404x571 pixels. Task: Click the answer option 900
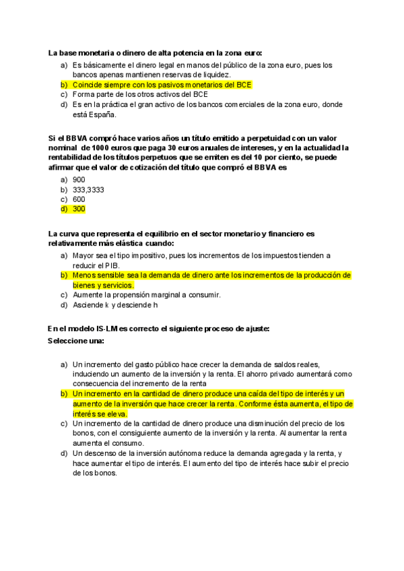(x=79, y=180)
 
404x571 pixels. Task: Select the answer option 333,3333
(x=88, y=189)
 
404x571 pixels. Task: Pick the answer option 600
(x=79, y=199)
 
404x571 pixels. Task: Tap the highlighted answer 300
(x=79, y=209)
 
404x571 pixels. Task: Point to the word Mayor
(x=83, y=256)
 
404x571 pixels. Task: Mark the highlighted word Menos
(x=84, y=275)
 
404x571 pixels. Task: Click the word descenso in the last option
(x=100, y=454)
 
